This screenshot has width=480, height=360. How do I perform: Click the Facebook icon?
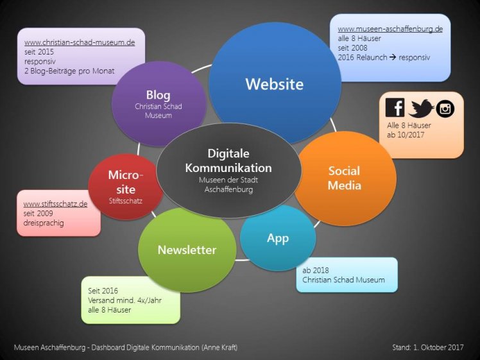(395, 107)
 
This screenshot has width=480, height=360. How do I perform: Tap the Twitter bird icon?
(421, 108)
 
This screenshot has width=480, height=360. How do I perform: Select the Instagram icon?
(445, 108)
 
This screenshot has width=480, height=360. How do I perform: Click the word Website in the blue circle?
(275, 84)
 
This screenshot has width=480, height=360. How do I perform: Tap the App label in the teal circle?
(278, 239)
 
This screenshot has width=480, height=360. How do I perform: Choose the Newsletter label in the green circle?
(187, 250)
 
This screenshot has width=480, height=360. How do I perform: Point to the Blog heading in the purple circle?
(158, 95)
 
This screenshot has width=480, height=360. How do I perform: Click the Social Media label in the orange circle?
(345, 178)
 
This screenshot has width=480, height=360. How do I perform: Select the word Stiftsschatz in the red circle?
(126, 201)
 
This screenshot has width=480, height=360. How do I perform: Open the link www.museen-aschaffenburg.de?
(390, 29)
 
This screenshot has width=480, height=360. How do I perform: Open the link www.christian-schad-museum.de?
(80, 42)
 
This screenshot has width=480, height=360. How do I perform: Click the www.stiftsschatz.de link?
(55, 204)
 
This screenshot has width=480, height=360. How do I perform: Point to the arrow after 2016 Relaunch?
(393, 57)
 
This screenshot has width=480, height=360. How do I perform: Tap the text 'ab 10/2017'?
(406, 135)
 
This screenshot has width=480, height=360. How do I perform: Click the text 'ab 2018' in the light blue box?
(316, 270)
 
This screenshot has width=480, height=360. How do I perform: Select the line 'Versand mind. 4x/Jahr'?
(124, 300)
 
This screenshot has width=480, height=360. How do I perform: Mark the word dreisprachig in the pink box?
(44, 223)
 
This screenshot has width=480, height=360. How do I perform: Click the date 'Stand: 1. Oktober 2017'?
(428, 347)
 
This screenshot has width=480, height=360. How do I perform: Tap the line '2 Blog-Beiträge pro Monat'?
(69, 71)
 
